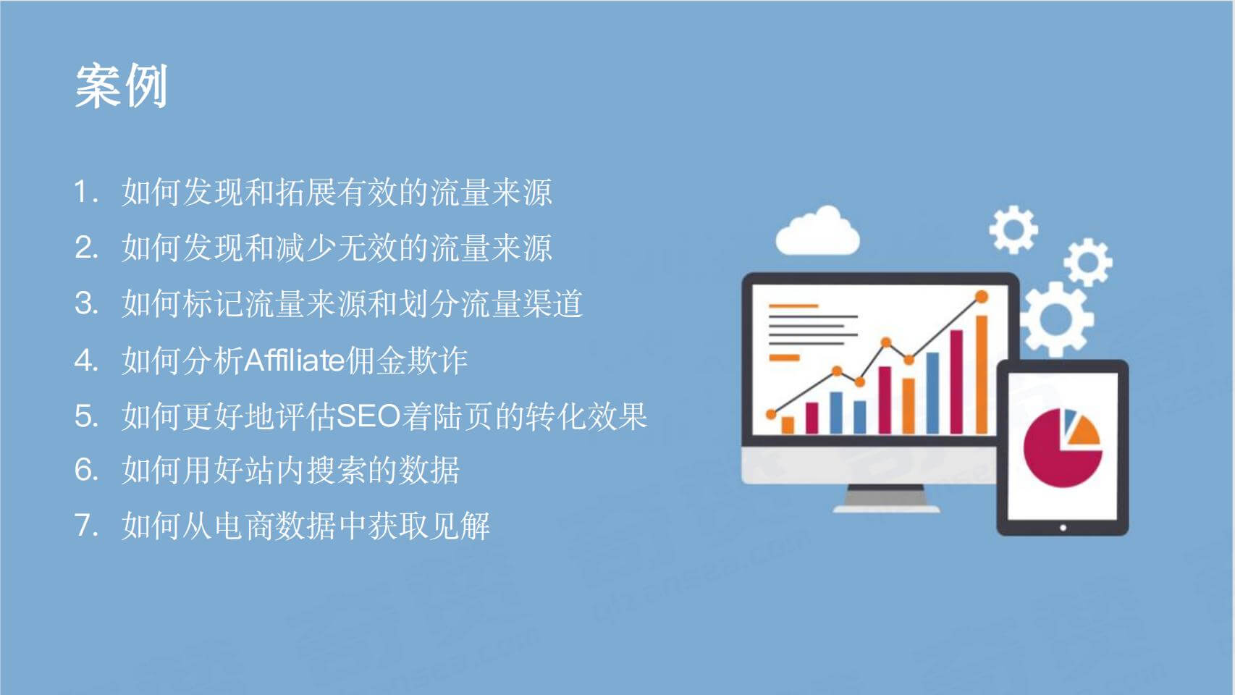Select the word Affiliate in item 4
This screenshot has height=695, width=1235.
coord(294,361)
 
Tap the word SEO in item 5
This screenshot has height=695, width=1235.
coord(368,416)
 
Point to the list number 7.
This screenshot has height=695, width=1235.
coord(86,525)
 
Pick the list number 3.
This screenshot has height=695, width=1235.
coord(86,303)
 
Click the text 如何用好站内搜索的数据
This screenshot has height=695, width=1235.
coord(290,470)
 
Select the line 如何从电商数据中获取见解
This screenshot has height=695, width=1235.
coord(306,525)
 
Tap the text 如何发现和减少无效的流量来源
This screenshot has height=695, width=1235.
coord(337,248)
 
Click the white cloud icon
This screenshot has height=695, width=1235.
coord(817,232)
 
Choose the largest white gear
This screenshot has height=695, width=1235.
coord(1055,319)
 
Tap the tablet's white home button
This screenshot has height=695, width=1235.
coord(1063,528)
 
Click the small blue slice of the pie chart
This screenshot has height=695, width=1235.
coord(1070,419)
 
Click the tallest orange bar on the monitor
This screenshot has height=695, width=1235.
coord(982,374)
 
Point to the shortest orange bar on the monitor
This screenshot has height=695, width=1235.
coord(788,425)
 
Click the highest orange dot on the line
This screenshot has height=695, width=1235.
coord(982,297)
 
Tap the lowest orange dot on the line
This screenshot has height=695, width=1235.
coord(772,414)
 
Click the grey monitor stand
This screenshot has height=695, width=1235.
coord(885,499)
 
